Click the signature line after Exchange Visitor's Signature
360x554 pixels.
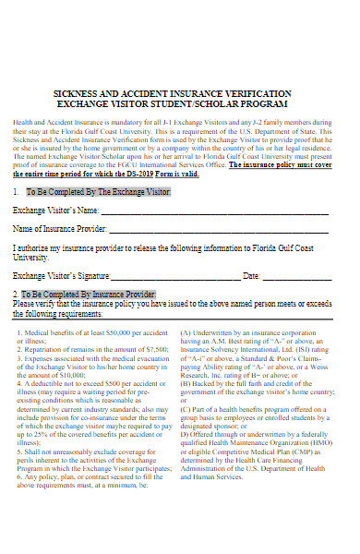click(175, 276)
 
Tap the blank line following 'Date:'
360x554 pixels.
click(299, 276)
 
